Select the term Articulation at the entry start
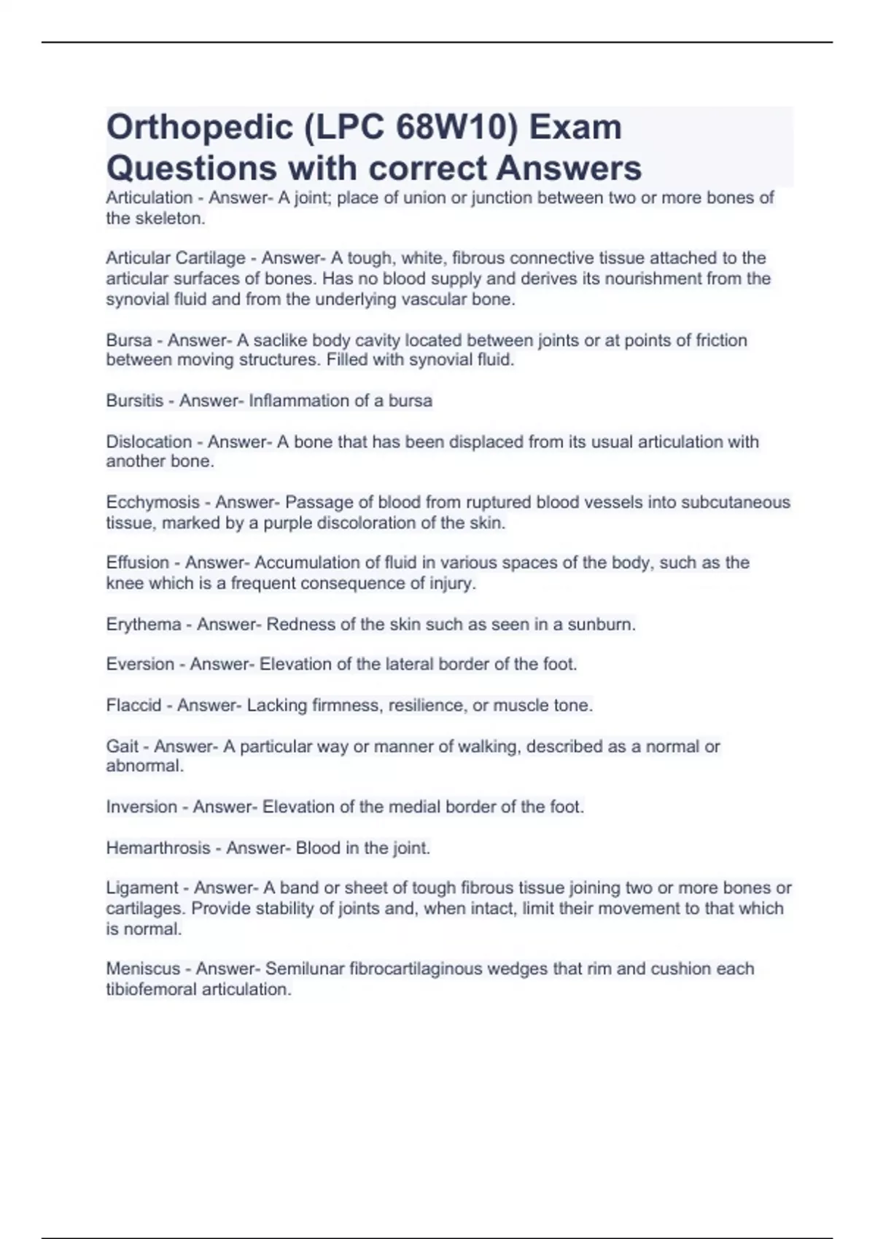[149, 198]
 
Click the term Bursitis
[135, 401]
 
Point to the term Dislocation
[149, 442]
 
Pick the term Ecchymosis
[153, 502]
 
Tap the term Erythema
[144, 625]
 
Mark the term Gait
[122, 746]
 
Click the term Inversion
[141, 807]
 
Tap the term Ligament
[142, 888]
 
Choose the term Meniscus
[143, 969]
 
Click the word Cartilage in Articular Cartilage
[211, 258]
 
